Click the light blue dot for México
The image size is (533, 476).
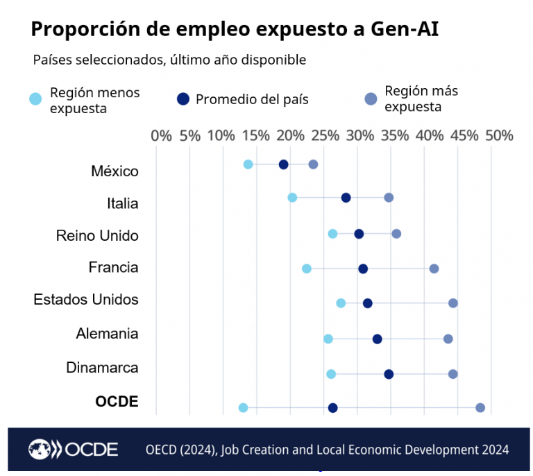coord(248,164)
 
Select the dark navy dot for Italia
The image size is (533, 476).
coord(346,198)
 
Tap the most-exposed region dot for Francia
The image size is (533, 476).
coord(434,269)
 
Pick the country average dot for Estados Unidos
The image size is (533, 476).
coord(367,303)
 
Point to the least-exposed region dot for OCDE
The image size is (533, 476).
coord(243,407)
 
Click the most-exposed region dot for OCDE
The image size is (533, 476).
coord(480,407)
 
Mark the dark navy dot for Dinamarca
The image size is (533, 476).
coord(388,374)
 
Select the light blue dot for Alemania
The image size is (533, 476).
coord(328,339)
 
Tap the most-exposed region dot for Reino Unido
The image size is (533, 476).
coord(396,233)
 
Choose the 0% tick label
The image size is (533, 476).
coord(161,135)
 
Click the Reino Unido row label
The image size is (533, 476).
coord(97,236)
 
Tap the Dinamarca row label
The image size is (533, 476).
coord(102,368)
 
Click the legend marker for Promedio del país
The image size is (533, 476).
coord(183,99)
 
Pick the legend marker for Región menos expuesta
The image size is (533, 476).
coord(35,99)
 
